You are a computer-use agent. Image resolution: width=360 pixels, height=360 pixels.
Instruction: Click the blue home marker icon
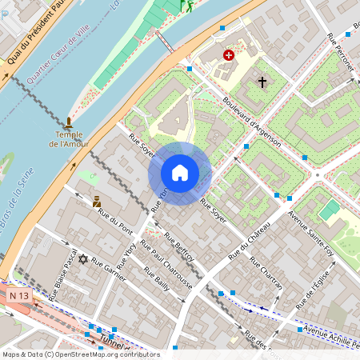[x=180, y=172]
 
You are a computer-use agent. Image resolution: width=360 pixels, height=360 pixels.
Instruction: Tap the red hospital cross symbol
[x=230, y=55]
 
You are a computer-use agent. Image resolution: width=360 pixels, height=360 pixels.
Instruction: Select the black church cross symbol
[x=262, y=82]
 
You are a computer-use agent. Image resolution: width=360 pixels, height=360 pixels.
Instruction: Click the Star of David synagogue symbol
[x=82, y=258]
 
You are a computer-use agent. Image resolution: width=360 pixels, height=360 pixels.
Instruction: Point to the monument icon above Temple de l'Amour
[x=69, y=123]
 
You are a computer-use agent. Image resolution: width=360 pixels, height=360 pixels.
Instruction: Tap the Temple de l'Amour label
[x=70, y=139]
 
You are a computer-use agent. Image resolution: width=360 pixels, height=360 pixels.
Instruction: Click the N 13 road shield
[x=20, y=296]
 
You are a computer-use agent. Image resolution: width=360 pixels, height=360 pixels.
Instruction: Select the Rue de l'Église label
[x=314, y=287]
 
